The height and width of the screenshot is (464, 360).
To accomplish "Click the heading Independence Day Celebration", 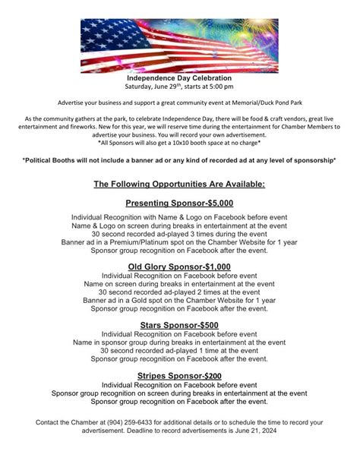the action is [x=179, y=78].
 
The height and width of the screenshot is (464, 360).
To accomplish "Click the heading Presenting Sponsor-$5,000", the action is [x=179, y=204].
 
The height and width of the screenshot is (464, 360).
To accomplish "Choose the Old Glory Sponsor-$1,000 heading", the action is [x=179, y=266].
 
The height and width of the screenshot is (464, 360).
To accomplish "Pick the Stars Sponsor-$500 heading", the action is [x=179, y=326].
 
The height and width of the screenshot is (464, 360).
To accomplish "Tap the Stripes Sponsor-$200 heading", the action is [x=179, y=375].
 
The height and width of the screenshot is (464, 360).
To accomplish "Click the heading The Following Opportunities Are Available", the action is [x=179, y=184].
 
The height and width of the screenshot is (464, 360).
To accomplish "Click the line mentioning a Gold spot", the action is [x=179, y=301].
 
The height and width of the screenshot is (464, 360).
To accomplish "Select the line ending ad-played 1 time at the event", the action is [x=179, y=351].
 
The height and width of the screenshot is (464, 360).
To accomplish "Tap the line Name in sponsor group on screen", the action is [x=179, y=342].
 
